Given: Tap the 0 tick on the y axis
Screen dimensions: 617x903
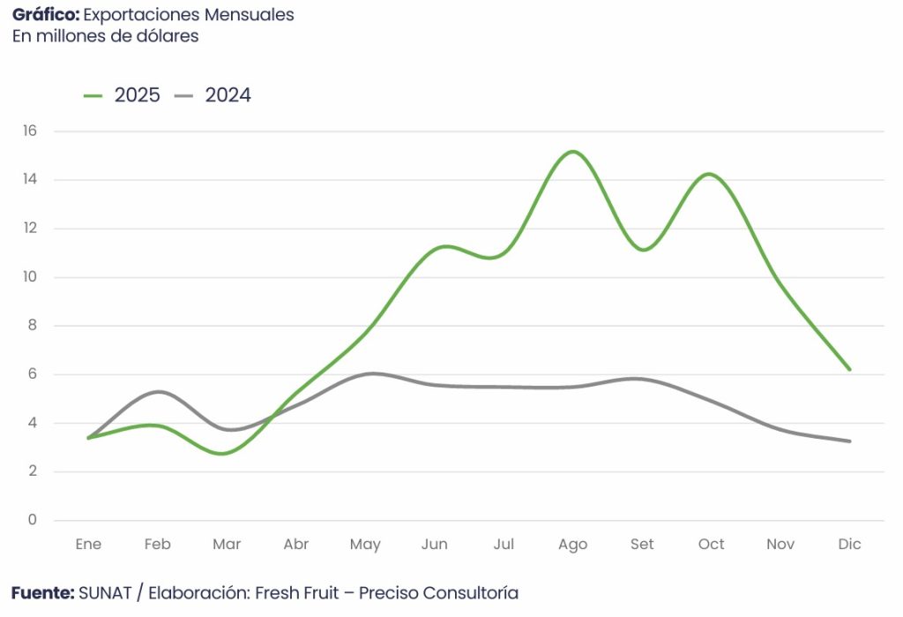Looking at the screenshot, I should click(x=33, y=520).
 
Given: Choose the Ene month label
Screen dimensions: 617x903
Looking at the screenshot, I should click(x=88, y=545).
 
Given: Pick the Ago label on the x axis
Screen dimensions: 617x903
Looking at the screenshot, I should click(x=572, y=545).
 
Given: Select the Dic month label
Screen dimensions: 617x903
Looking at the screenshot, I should click(x=849, y=545).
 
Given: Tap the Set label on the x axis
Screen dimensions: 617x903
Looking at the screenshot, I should click(x=642, y=545).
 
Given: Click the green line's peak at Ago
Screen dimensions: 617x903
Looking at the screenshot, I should click(x=573, y=152).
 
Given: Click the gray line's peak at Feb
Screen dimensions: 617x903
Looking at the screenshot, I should click(x=159, y=391).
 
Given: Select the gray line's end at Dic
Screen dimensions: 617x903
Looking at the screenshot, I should click(x=850, y=441).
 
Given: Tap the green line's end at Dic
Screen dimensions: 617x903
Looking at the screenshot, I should click(x=850, y=370).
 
